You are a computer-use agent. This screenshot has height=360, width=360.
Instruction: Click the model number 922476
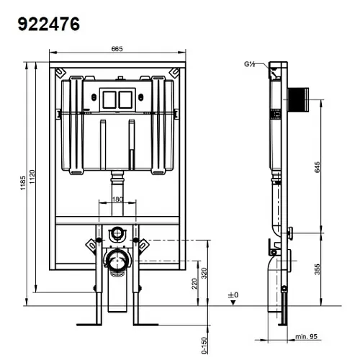49,24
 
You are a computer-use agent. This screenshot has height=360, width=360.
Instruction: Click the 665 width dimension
117,49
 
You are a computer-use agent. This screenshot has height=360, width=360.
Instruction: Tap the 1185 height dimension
23,183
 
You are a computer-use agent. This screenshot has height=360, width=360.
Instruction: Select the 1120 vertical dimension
32,177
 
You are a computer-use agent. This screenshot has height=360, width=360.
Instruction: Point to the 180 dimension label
117,199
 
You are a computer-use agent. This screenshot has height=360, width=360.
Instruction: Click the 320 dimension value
204,273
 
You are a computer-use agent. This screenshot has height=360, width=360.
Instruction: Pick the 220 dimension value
194,284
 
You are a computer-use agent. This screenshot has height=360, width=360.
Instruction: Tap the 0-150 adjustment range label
204,346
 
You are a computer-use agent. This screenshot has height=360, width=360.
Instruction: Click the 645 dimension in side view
317,167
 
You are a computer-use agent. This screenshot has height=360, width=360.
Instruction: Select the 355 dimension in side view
317,269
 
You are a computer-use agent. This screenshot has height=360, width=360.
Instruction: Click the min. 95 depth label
306,337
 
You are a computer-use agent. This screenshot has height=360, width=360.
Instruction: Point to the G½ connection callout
250,64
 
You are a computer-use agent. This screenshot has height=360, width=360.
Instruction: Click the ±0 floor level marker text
233,294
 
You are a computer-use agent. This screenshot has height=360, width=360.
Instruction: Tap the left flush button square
109,99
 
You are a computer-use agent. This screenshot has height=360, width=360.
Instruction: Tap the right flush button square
125,99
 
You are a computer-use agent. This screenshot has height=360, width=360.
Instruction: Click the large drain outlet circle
117,261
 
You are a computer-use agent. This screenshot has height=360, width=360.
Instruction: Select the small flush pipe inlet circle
117,233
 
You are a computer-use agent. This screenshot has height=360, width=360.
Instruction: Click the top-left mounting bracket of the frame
60,73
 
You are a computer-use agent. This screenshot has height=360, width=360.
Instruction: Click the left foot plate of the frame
89,325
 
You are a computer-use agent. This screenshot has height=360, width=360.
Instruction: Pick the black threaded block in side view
298,100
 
